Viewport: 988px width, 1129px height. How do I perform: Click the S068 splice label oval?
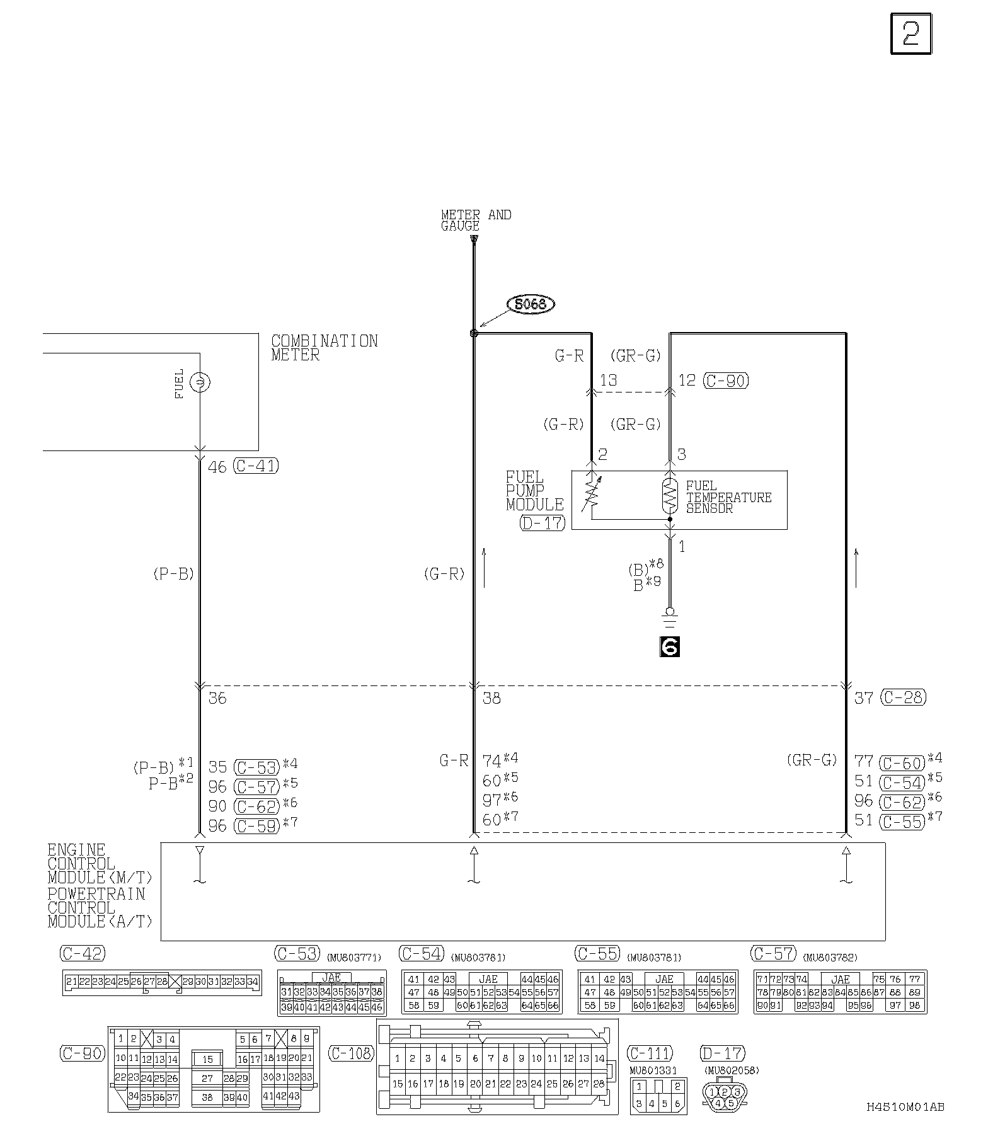tap(531, 305)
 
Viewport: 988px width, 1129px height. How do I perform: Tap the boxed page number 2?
tap(910, 34)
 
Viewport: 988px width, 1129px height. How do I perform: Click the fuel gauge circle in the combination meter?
tap(200, 382)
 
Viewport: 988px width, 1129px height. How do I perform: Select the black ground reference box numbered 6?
tap(669, 646)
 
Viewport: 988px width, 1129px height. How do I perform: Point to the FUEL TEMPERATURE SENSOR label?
tap(728, 497)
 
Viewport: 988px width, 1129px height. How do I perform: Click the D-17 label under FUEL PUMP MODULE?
tap(543, 522)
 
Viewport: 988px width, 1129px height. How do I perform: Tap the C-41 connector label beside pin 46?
tap(256, 466)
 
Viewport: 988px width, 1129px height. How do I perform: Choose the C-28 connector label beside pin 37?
tap(904, 697)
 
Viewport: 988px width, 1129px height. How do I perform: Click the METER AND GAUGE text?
tap(476, 220)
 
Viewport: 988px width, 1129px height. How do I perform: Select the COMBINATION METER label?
tap(324, 348)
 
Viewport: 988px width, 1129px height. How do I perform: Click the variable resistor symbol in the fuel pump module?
tap(591, 496)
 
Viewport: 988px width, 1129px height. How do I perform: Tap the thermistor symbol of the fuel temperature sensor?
tap(669, 496)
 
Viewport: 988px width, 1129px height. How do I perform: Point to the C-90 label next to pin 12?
tap(726, 381)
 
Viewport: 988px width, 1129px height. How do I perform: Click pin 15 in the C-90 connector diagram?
tap(207, 1059)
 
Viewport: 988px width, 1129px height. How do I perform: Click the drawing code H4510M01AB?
tap(905, 1106)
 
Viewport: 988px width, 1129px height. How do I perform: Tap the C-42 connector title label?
tap(83, 953)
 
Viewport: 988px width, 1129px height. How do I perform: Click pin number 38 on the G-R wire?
tap(491, 698)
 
